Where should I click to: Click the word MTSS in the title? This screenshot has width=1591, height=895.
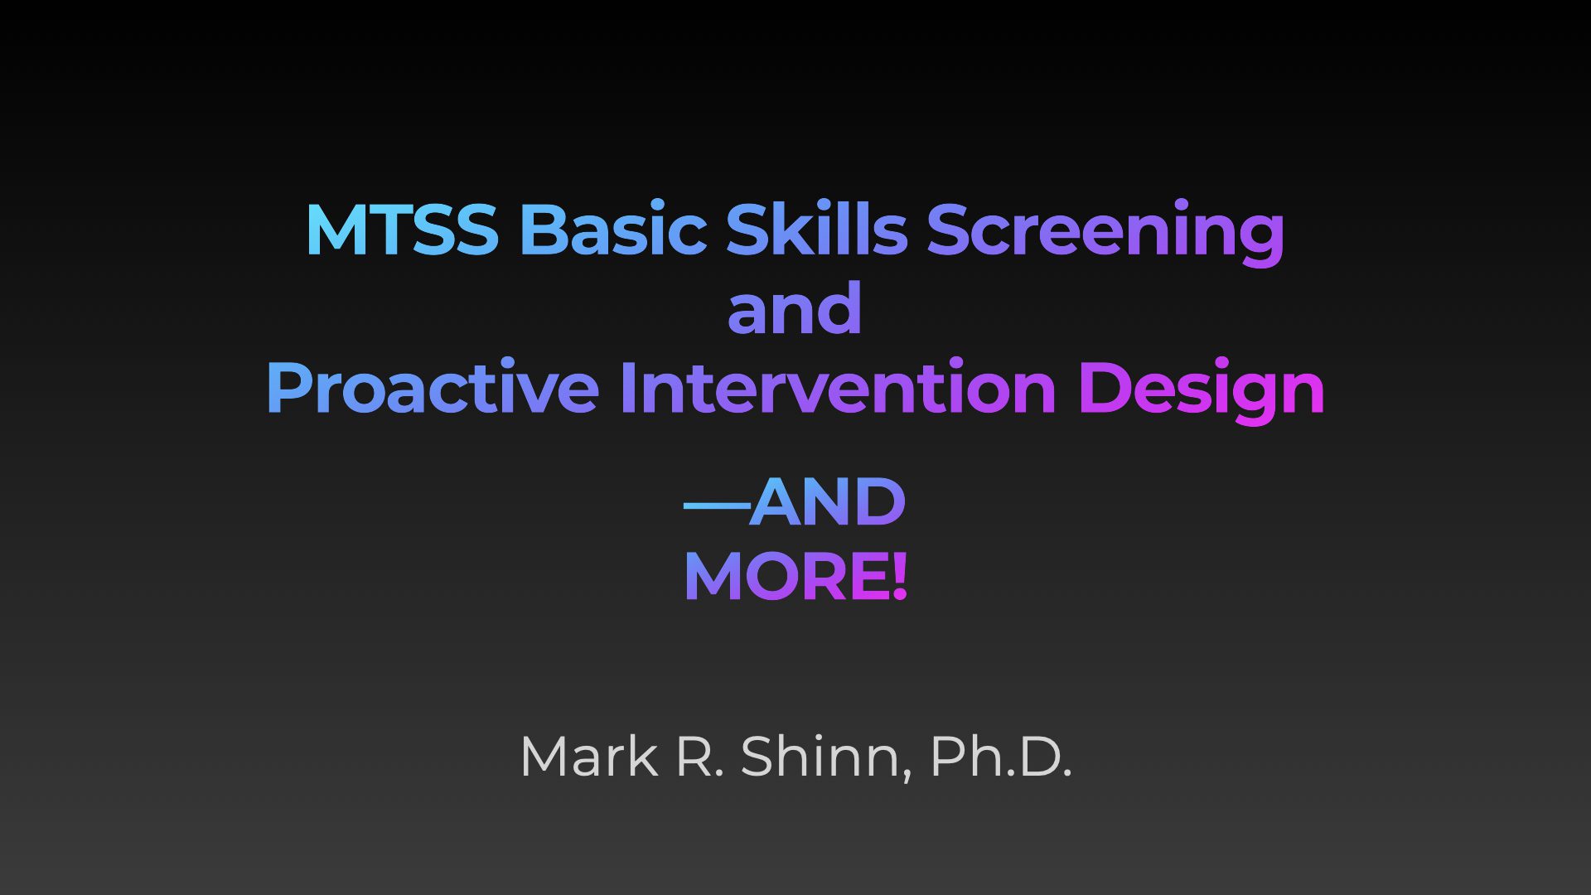coord(402,229)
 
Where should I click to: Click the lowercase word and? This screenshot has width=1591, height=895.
coord(795,307)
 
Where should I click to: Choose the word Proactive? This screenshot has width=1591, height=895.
coord(433,387)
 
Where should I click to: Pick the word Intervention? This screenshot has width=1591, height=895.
coord(838,387)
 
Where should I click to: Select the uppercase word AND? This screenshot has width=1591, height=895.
coord(828,502)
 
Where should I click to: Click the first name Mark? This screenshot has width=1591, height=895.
coord(588,756)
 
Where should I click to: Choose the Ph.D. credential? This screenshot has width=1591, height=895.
coord(1001,756)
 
